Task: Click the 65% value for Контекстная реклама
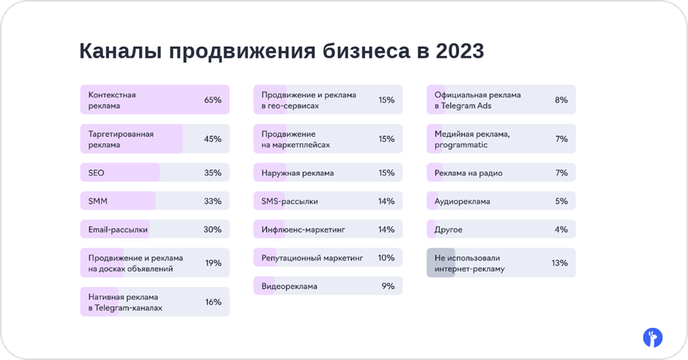213,100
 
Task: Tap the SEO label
96,173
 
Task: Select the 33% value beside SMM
213,201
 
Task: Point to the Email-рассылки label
118,230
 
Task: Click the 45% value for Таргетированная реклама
213,139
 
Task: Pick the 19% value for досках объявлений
213,263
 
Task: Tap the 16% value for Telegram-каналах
213,302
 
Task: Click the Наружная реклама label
297,173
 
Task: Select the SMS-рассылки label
290,202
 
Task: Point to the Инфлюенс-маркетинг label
303,230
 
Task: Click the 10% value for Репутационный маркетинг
386,258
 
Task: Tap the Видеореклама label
289,286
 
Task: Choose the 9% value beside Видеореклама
389,286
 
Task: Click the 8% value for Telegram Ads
561,100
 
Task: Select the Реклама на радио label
468,173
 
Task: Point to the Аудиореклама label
462,202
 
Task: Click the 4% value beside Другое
561,230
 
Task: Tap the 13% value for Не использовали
560,263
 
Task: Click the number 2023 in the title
460,51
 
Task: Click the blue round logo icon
653,337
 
